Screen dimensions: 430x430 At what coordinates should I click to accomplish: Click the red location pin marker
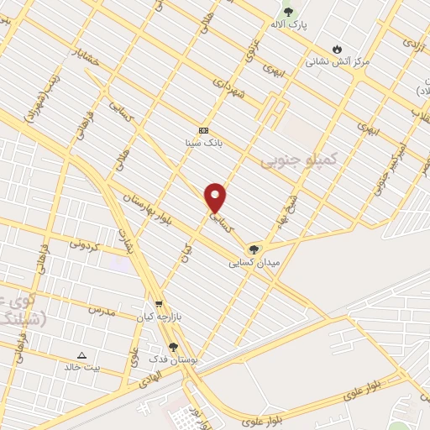[216, 197]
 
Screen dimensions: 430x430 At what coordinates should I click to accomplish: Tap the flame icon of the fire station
[338, 48]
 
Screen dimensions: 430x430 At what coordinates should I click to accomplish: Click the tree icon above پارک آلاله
[289, 12]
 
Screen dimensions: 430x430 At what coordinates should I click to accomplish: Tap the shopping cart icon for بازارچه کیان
[158, 305]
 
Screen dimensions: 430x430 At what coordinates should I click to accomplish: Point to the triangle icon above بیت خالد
[81, 355]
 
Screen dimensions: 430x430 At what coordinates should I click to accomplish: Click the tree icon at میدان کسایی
[253, 249]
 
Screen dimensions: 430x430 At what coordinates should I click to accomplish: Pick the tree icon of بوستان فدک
[173, 346]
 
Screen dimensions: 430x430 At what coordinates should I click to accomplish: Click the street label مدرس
[100, 310]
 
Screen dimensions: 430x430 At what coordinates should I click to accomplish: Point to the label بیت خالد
[83, 368]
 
